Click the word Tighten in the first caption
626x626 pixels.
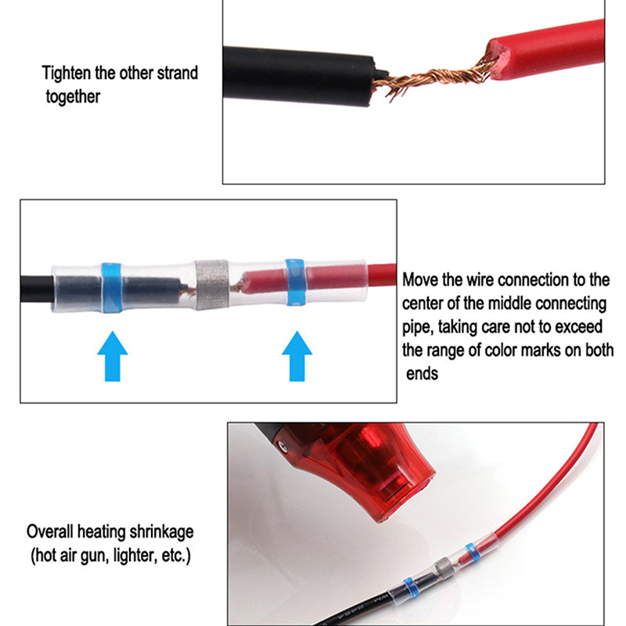pos(67,73)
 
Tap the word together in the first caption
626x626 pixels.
pos(73,97)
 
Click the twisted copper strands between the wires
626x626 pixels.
pos(434,80)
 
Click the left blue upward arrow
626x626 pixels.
pos(113,356)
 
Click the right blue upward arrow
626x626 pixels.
pos(297,356)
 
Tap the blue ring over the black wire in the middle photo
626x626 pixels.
pos(111,287)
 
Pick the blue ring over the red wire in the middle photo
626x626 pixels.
pos(296,282)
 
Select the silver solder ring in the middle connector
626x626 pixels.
pos(211,285)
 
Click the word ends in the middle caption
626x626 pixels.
pos(422,374)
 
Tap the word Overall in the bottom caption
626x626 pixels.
pos(50,532)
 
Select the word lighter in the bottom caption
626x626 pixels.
pos(135,556)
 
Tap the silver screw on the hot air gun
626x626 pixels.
pos(283,446)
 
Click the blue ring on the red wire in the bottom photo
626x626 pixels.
pos(472,552)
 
